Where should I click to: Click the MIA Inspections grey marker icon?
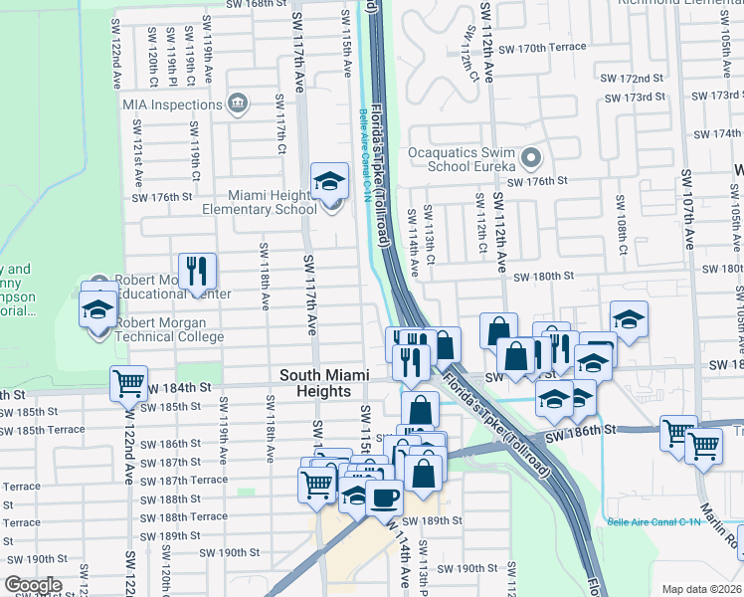pos(237,103)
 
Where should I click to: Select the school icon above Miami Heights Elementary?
pos(330,180)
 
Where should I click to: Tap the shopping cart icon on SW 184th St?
pos(128,383)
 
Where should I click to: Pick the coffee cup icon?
pos(384,497)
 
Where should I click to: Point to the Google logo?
pos(33,584)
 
